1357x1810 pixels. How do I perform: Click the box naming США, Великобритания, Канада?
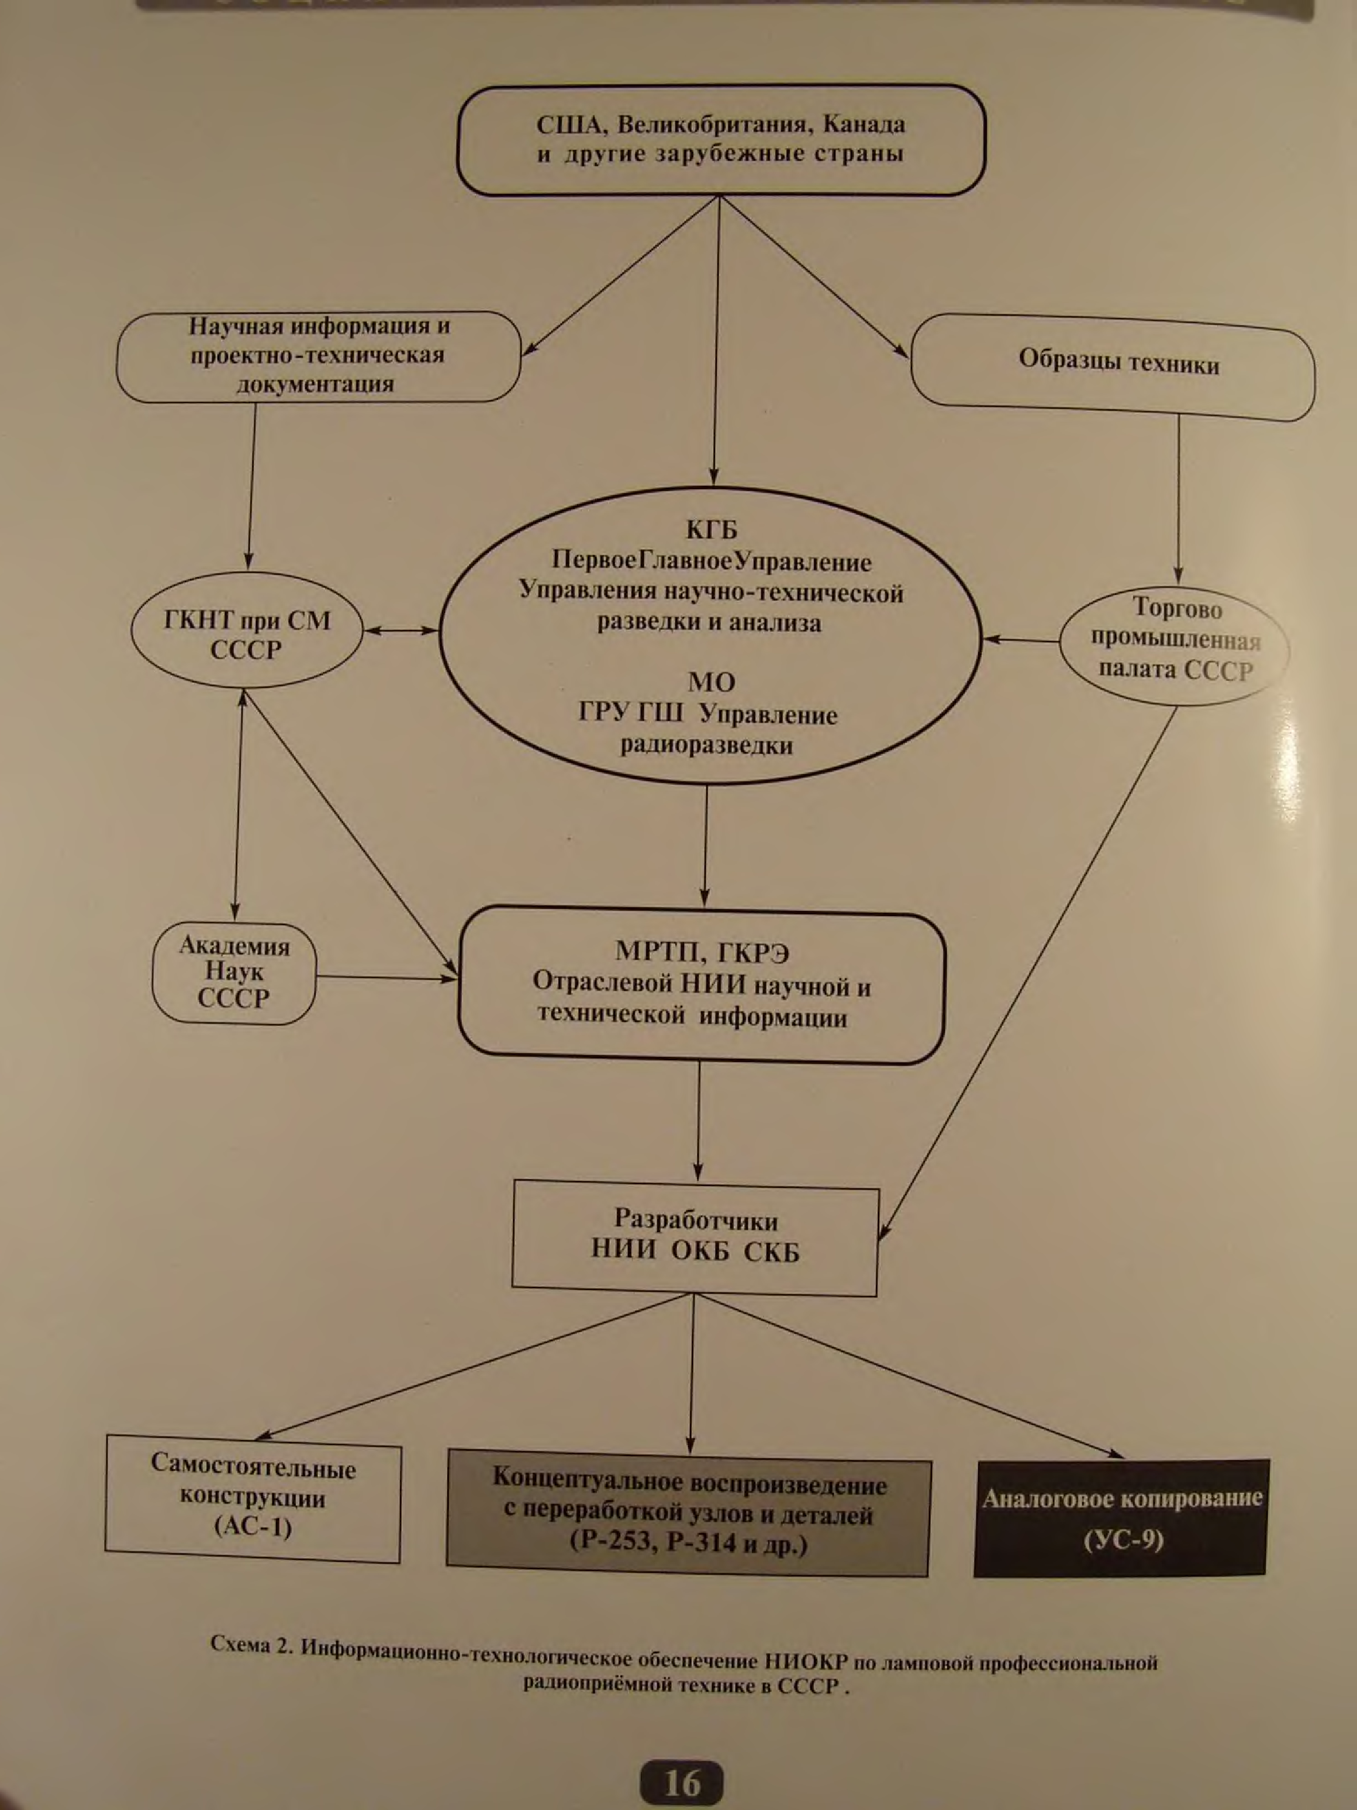pyautogui.click(x=720, y=140)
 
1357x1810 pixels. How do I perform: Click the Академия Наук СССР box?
pyautogui.click(x=234, y=973)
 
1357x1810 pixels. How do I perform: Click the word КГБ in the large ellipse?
pyautogui.click(x=711, y=531)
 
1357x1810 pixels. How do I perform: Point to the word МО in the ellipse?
pyautogui.click(x=711, y=682)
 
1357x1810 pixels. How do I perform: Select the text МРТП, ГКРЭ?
pyautogui.click(x=702, y=952)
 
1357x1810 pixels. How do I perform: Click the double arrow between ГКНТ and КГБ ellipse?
pyautogui.click(x=401, y=631)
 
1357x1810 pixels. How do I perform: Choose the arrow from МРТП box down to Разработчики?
pyautogui.click(x=698, y=1121)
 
